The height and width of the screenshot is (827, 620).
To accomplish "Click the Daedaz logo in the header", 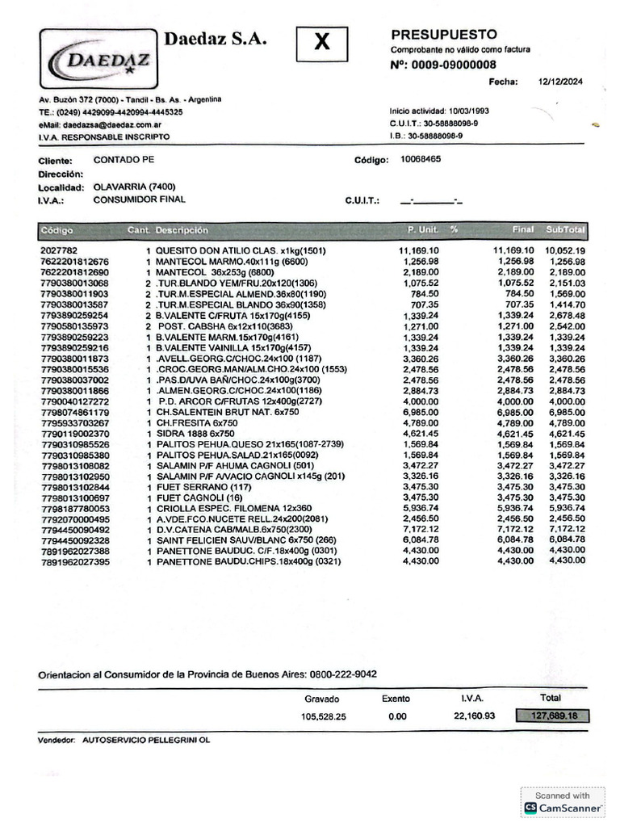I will tap(98, 59).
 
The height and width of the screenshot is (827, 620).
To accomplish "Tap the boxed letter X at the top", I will tap(321, 44).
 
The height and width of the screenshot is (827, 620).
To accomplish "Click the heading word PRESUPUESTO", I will tap(444, 35).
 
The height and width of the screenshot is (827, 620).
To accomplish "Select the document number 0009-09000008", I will tap(454, 65).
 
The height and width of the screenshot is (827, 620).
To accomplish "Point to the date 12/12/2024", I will tap(559, 82).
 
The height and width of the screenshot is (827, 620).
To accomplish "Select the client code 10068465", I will tap(421, 159).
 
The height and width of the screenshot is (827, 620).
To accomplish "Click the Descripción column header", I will tap(182, 230).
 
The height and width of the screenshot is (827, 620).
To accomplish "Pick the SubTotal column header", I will tap(565, 230).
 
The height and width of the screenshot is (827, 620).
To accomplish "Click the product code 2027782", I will tap(59, 251).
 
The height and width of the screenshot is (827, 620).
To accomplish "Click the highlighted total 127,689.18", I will tap(554, 716).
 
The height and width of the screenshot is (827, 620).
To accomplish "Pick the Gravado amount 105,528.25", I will tap(323, 716).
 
